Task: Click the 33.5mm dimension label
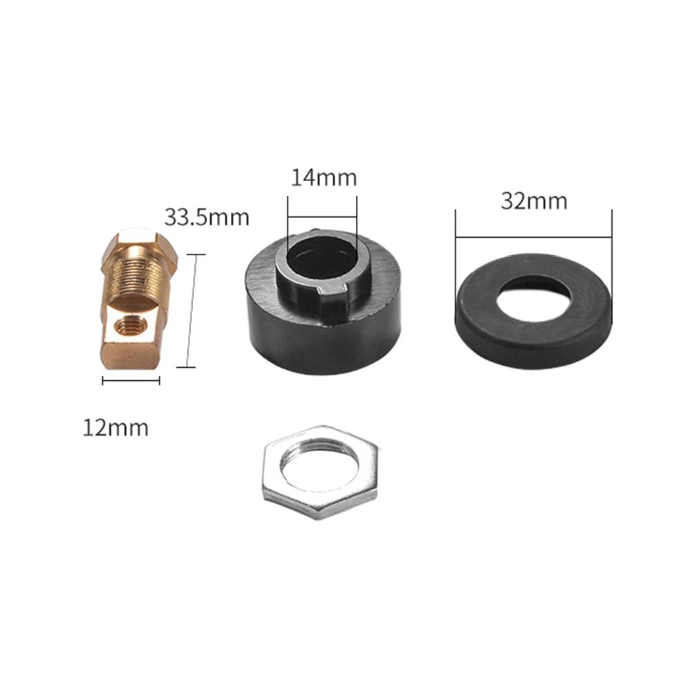click(207, 217)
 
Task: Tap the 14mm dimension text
click(324, 178)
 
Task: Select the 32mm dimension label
click(534, 201)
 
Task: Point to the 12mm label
click(115, 428)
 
